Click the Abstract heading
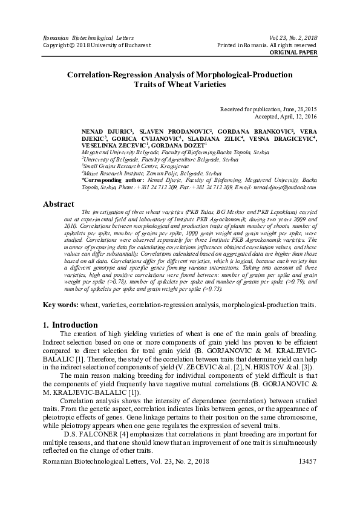click(58, 204)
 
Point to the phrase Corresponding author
click(113, 181)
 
